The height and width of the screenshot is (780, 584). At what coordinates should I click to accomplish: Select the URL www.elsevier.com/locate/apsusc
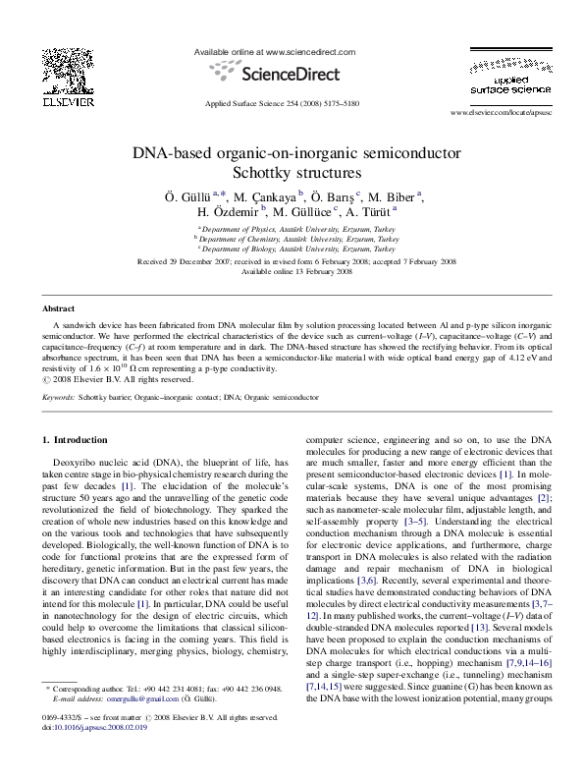(502, 114)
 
